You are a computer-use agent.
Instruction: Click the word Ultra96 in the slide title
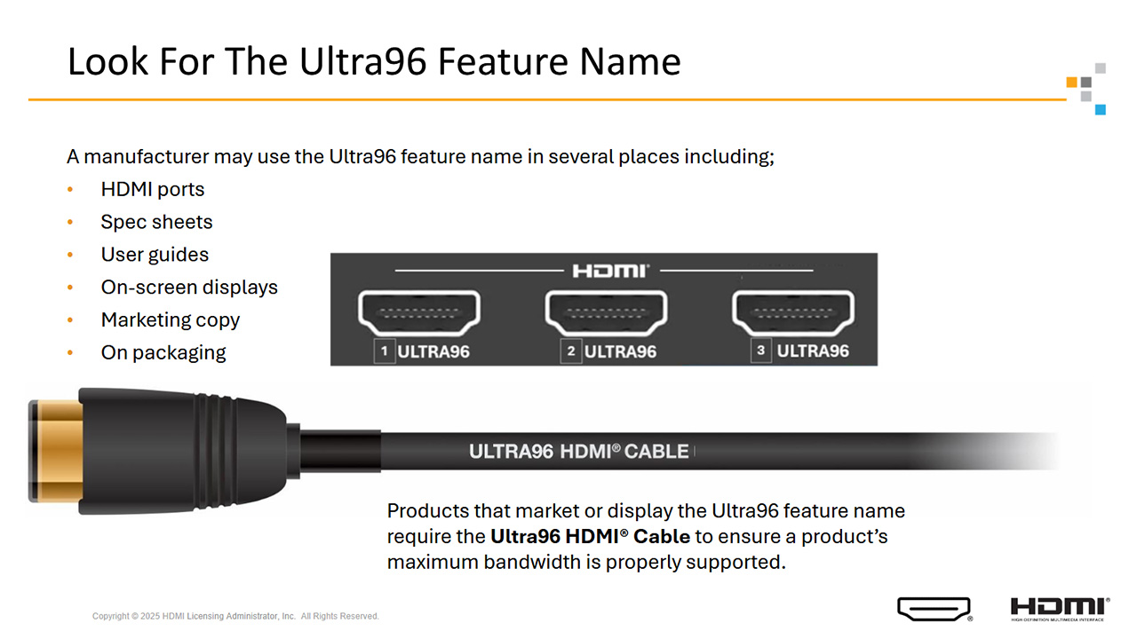pos(363,62)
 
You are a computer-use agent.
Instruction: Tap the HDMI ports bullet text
pos(152,189)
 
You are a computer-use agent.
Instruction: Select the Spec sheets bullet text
pos(156,222)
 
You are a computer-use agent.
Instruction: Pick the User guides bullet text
pos(155,255)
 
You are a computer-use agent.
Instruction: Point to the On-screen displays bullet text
pos(189,288)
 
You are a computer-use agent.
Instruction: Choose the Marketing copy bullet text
pos(170,320)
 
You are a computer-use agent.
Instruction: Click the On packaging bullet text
pos(163,353)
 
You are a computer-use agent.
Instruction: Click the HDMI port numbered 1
pos(419,313)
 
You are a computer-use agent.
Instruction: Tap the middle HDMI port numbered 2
pos(606,313)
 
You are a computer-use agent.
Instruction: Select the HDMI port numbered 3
pos(793,313)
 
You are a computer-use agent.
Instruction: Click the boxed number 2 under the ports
pos(571,351)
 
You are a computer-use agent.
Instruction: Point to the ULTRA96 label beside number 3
pos(813,351)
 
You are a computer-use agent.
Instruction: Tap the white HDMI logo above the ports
pos(610,271)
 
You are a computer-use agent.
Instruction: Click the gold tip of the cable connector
pos(57,451)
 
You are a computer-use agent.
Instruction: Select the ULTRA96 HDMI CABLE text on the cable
pos(578,452)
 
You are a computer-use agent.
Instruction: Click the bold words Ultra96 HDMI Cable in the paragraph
pos(591,537)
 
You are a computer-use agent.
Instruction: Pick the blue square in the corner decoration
pos(1101,109)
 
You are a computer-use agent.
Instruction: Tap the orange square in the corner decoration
pos(1071,83)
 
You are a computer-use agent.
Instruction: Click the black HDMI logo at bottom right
pos(1060,609)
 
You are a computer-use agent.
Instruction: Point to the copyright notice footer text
pos(235,616)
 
